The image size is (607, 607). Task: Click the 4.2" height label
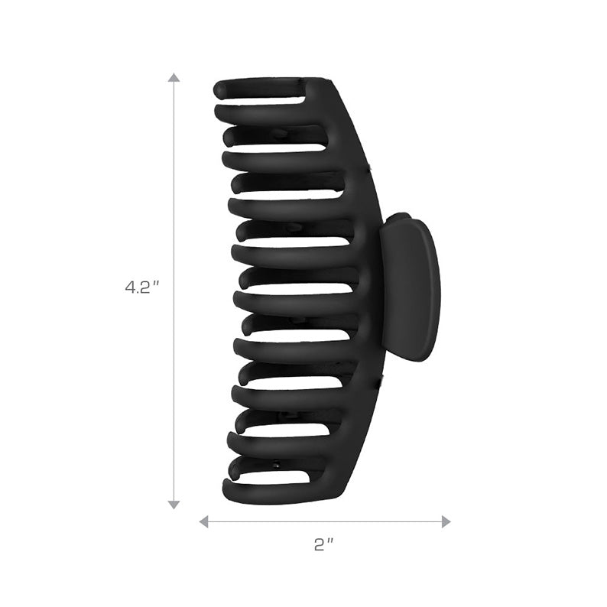point(141,288)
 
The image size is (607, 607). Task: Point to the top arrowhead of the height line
point(174,78)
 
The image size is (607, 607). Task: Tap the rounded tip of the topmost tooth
point(220,89)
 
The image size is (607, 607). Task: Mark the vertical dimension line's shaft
point(174,191)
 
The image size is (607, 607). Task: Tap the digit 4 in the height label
point(130,288)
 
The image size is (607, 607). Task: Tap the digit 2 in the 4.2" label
point(144,288)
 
